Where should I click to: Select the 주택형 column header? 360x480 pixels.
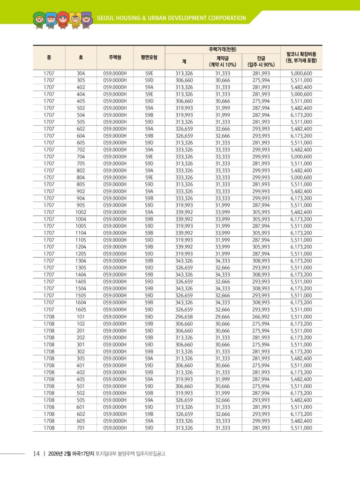coord(115,58)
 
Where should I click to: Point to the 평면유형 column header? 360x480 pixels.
coord(149,58)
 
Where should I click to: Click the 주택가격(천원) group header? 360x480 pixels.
coord(222,49)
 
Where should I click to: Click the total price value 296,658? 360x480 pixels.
coord(184,317)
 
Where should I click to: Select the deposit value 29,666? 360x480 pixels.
coord(223,317)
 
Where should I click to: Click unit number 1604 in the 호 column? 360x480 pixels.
coord(81,303)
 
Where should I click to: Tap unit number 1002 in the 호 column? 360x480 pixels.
coord(81,212)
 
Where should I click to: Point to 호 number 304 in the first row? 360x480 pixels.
coord(81,73)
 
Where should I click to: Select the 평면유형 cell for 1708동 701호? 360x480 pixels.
coord(149,428)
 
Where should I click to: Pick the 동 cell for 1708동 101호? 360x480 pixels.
coord(49,317)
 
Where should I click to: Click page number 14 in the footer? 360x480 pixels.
coord(36,454)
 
